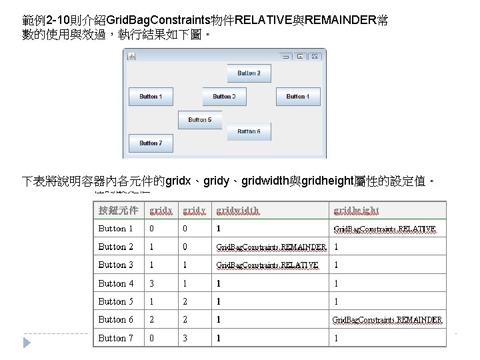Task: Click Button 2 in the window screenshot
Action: click(249, 73)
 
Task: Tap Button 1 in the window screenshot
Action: click(150, 97)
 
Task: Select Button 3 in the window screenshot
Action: click(224, 97)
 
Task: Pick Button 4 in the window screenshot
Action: click(297, 97)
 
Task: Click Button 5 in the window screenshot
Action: click(199, 120)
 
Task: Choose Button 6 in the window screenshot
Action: click(249, 131)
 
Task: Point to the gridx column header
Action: click(161, 210)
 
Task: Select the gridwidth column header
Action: click(237, 210)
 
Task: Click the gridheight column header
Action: click(356, 210)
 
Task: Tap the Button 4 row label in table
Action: click(116, 283)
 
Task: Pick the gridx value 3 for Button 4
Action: click(151, 283)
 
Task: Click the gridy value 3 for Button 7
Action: click(185, 338)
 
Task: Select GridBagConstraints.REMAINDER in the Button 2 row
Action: click(271, 247)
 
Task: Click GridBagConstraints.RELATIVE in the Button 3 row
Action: click(267, 265)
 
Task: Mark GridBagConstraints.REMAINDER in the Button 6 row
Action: click(387, 320)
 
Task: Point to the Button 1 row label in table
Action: click(116, 229)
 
